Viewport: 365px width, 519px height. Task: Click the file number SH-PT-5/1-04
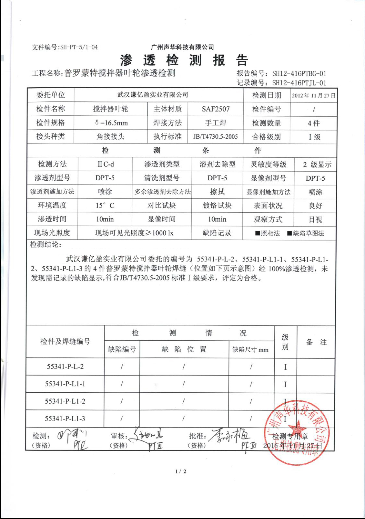click(x=79, y=47)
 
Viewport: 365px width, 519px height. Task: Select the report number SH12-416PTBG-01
click(x=299, y=73)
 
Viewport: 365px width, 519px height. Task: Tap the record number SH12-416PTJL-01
click(x=299, y=83)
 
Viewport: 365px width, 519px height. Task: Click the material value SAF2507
click(x=216, y=109)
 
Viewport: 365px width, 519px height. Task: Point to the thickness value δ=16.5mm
click(x=111, y=123)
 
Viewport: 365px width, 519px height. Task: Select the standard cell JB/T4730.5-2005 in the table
click(x=215, y=137)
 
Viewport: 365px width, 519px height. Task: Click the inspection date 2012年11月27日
click(x=313, y=95)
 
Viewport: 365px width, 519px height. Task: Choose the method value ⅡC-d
click(x=106, y=164)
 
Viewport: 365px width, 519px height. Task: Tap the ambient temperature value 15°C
click(x=105, y=205)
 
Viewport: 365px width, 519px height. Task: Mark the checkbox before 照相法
click(x=258, y=233)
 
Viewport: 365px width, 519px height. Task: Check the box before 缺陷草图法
click(x=289, y=233)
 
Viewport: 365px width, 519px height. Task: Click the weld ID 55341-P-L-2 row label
click(x=65, y=366)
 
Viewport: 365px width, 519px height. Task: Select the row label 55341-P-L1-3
click(x=65, y=418)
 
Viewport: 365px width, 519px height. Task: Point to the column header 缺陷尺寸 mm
click(x=250, y=349)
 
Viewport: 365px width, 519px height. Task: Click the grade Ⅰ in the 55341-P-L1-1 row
click(x=285, y=384)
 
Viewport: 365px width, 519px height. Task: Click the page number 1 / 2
click(x=181, y=471)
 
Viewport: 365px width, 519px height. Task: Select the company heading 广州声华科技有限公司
click(x=182, y=47)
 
